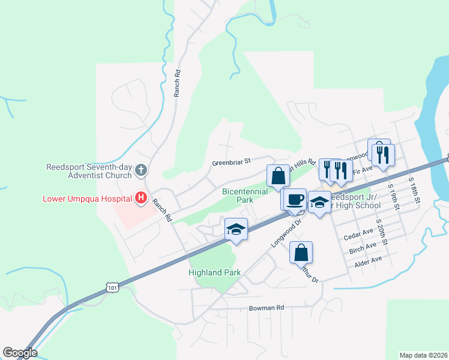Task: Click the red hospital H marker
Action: [141, 197]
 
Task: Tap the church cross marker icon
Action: [141, 170]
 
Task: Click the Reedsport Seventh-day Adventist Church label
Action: [89, 171]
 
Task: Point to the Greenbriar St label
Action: [231, 161]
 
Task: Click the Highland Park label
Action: [214, 272]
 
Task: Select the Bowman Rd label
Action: [266, 308]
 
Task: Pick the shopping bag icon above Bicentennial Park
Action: [278, 176]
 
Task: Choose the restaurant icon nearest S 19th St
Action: [382, 154]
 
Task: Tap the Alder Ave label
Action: [368, 260]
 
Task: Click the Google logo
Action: [20, 353]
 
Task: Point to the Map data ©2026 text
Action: [423, 355]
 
